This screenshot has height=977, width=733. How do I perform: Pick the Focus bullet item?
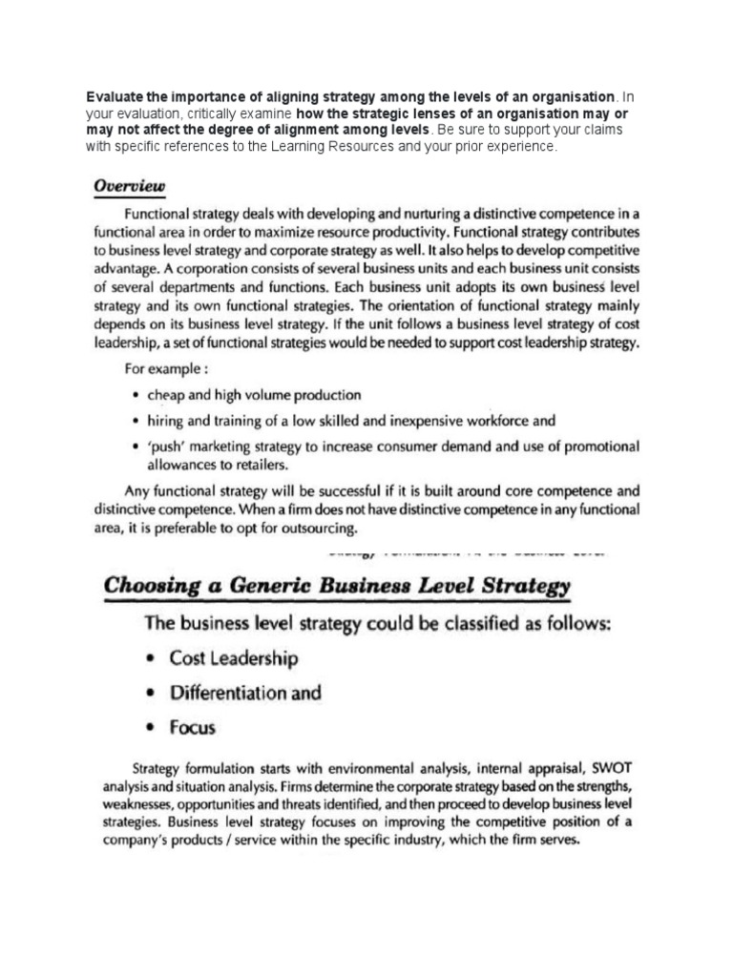tap(193, 728)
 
